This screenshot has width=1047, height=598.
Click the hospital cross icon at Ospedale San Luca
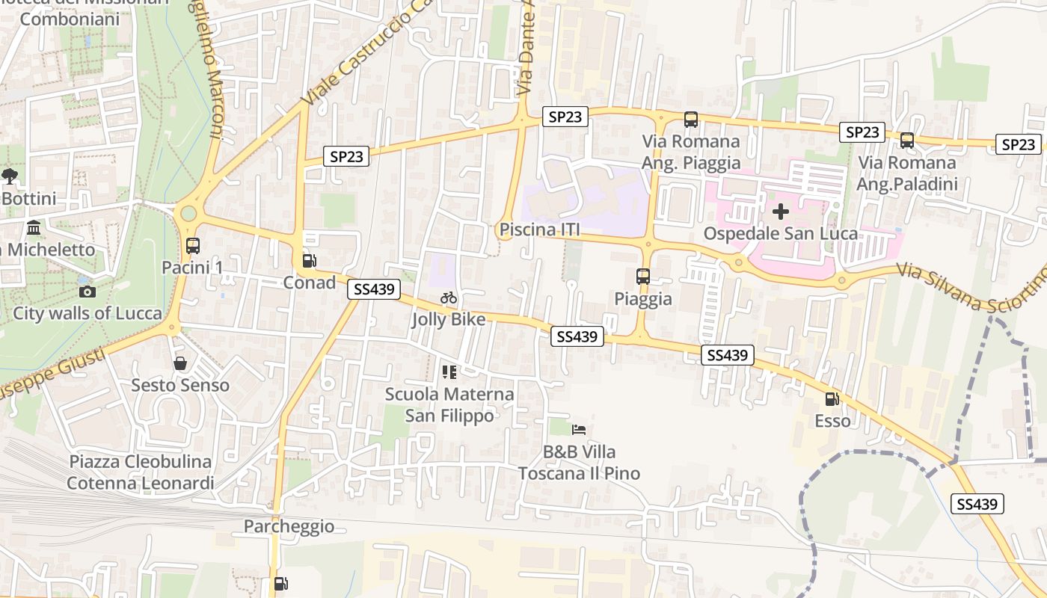[780, 212]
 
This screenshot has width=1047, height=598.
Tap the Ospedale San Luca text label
[780, 234]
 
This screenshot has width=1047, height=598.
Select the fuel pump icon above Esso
[832, 399]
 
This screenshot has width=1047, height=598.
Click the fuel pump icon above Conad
[308, 261]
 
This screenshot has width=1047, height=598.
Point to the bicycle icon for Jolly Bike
[449, 298]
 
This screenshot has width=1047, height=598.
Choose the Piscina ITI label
[539, 229]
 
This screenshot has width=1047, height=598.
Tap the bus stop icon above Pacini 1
[192, 245]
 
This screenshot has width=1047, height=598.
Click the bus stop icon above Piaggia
[642, 277]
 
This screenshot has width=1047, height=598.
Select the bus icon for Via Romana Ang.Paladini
[906, 140]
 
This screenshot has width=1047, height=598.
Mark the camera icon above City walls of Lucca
[87, 292]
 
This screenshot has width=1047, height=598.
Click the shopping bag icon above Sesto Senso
[179, 363]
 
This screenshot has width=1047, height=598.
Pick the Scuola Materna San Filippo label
[449, 404]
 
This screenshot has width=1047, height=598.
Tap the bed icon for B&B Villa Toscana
[578, 430]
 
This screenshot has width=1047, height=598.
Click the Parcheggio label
[289, 526]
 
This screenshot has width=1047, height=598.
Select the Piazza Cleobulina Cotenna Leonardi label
[141, 472]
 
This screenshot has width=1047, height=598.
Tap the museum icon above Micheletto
[34, 227]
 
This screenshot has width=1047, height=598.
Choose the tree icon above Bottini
[10, 176]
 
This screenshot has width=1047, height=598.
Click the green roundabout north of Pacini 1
[188, 214]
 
